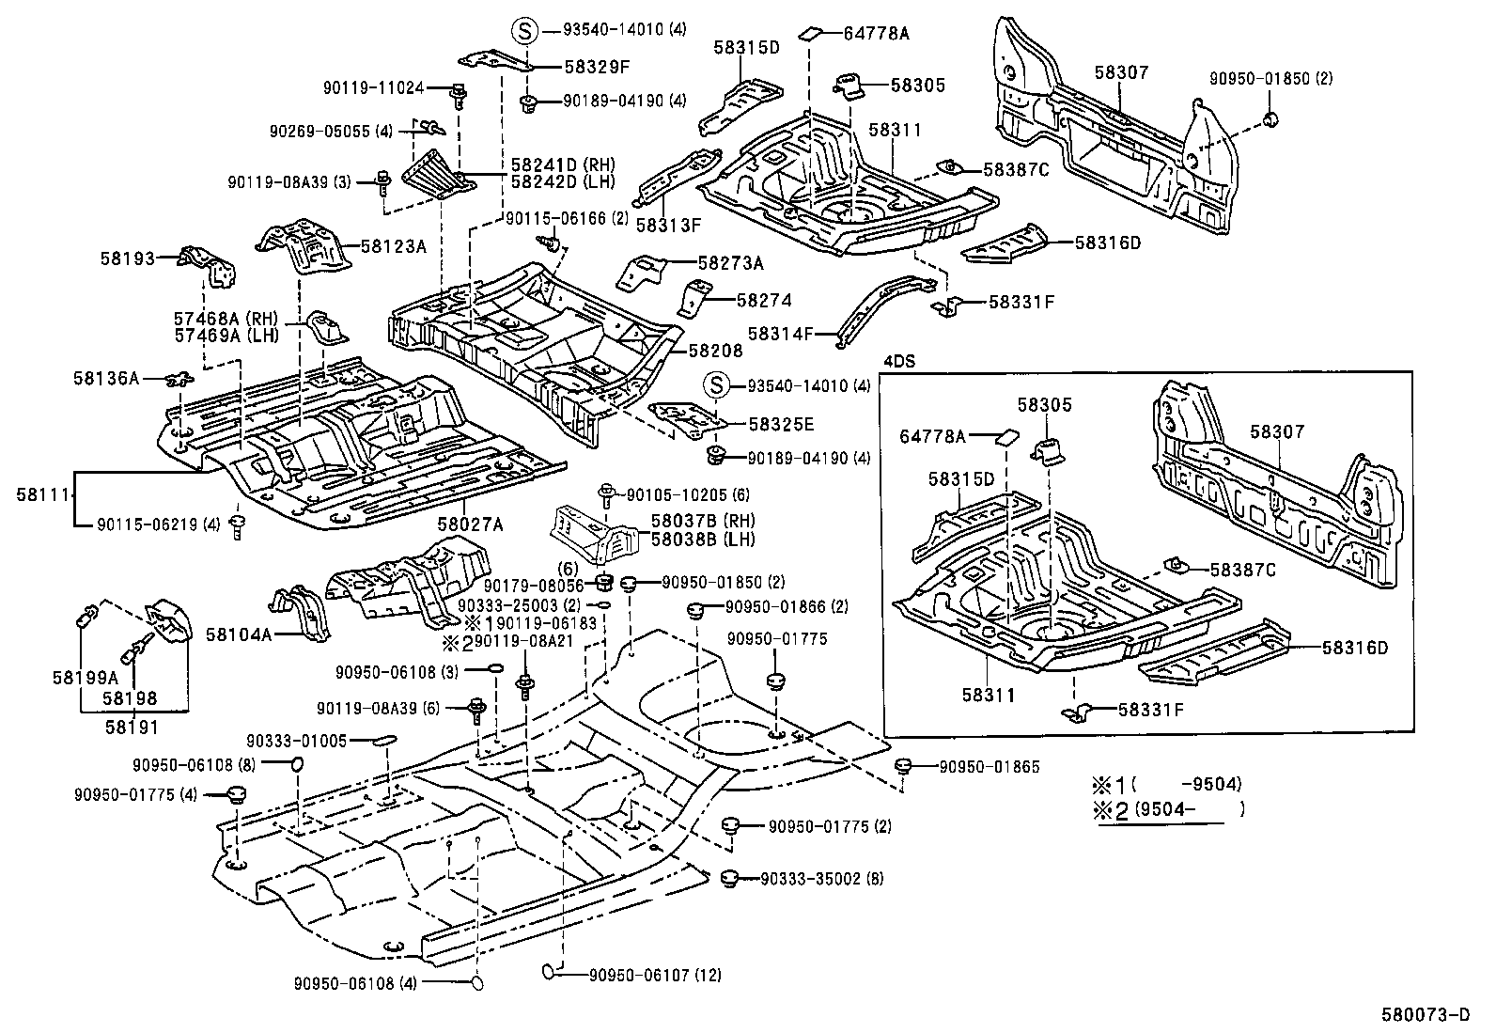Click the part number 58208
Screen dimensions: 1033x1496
click(715, 351)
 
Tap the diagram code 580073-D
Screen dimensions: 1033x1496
click(1425, 1014)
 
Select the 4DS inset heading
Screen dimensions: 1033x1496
click(899, 360)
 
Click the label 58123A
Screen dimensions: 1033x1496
click(393, 247)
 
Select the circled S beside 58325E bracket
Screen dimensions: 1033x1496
click(717, 385)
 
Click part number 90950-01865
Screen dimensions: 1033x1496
click(990, 767)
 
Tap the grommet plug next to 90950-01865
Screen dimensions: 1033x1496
click(905, 766)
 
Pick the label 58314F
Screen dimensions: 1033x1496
click(780, 333)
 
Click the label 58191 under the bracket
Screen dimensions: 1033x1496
click(131, 727)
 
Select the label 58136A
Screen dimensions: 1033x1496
click(105, 378)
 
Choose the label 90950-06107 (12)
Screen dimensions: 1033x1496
click(655, 975)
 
